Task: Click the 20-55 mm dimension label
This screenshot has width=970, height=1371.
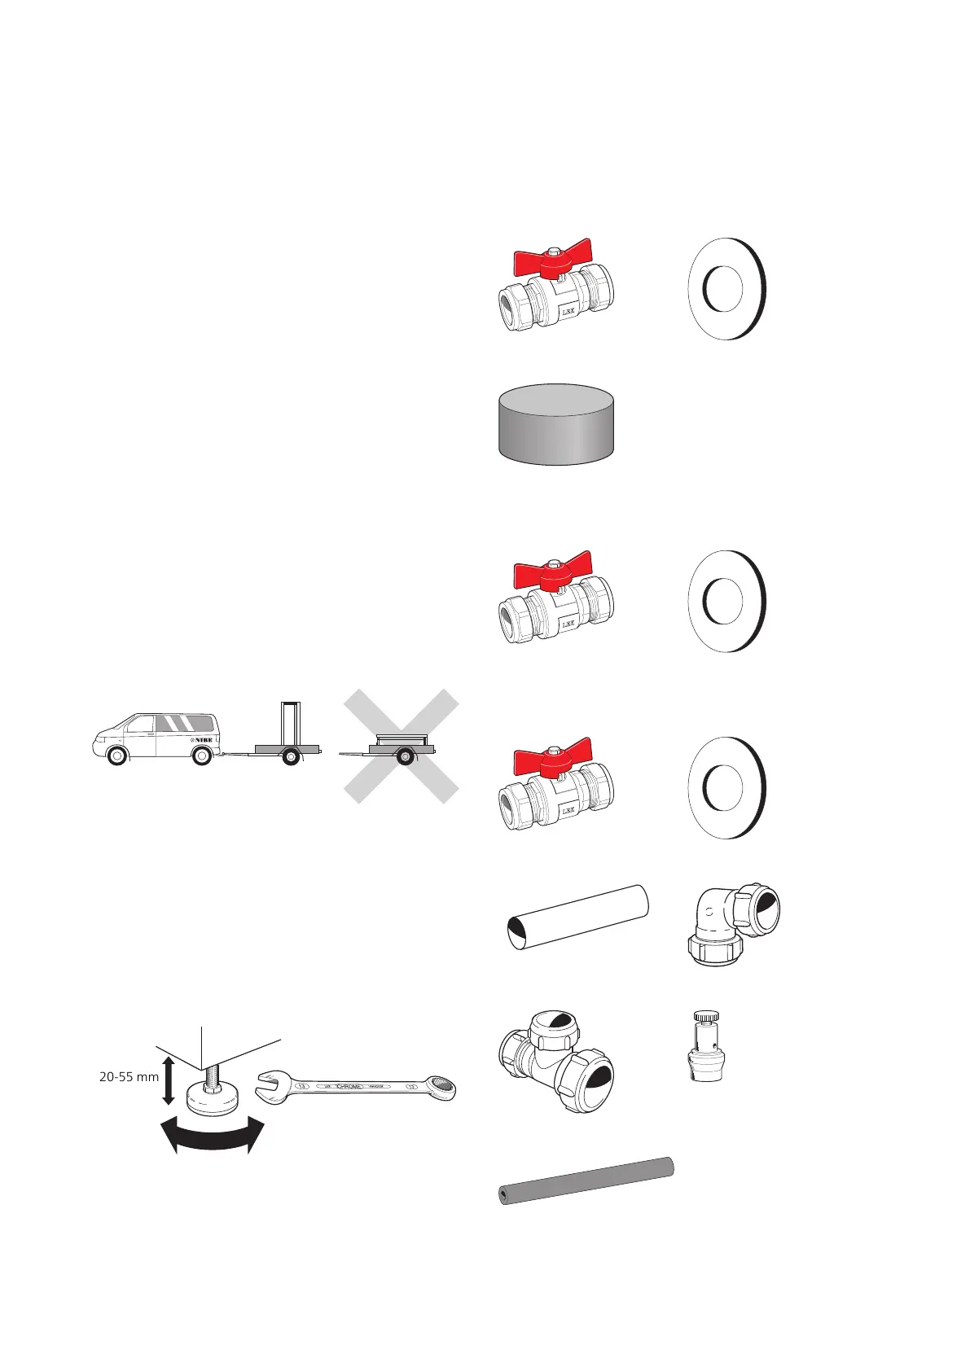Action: click(129, 1076)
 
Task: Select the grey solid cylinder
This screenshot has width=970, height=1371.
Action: click(555, 424)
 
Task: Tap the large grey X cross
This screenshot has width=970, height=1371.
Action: click(401, 747)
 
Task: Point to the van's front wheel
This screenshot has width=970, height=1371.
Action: click(117, 756)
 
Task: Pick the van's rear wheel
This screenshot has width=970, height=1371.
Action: click(201, 756)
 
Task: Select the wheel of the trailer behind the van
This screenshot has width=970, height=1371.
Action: click(289, 759)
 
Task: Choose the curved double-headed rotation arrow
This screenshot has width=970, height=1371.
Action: click(213, 1135)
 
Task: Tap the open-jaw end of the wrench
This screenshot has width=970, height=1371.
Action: click(271, 1084)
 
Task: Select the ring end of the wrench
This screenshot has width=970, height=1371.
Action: click(443, 1085)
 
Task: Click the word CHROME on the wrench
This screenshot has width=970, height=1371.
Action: click(353, 1085)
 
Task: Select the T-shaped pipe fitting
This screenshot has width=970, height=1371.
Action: click(555, 1054)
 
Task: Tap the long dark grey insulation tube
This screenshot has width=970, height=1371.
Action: click(586, 1180)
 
